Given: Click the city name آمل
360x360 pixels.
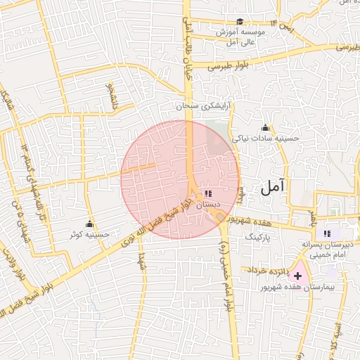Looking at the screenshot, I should pyautogui.click(x=274, y=187).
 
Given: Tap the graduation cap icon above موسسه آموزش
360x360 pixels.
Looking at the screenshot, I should pyautogui.click(x=240, y=22).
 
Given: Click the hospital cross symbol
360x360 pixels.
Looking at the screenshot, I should pyautogui.click(x=299, y=276).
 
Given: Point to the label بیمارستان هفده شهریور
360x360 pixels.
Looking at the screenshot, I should pyautogui.click(x=298, y=288).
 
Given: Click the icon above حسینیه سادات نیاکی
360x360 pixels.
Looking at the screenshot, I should pyautogui.click(x=265, y=127).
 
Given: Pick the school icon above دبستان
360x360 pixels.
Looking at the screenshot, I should pyautogui.click(x=207, y=193).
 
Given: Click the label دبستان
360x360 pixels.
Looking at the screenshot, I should pyautogui.click(x=207, y=204).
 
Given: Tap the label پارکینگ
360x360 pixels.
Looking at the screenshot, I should pyautogui.click(x=257, y=238).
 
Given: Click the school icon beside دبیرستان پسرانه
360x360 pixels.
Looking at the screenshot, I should pyautogui.click(x=326, y=233).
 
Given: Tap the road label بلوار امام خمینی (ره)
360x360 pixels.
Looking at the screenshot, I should pyautogui.click(x=226, y=268).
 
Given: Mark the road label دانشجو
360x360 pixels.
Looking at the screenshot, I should pyautogui.click(x=110, y=96).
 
